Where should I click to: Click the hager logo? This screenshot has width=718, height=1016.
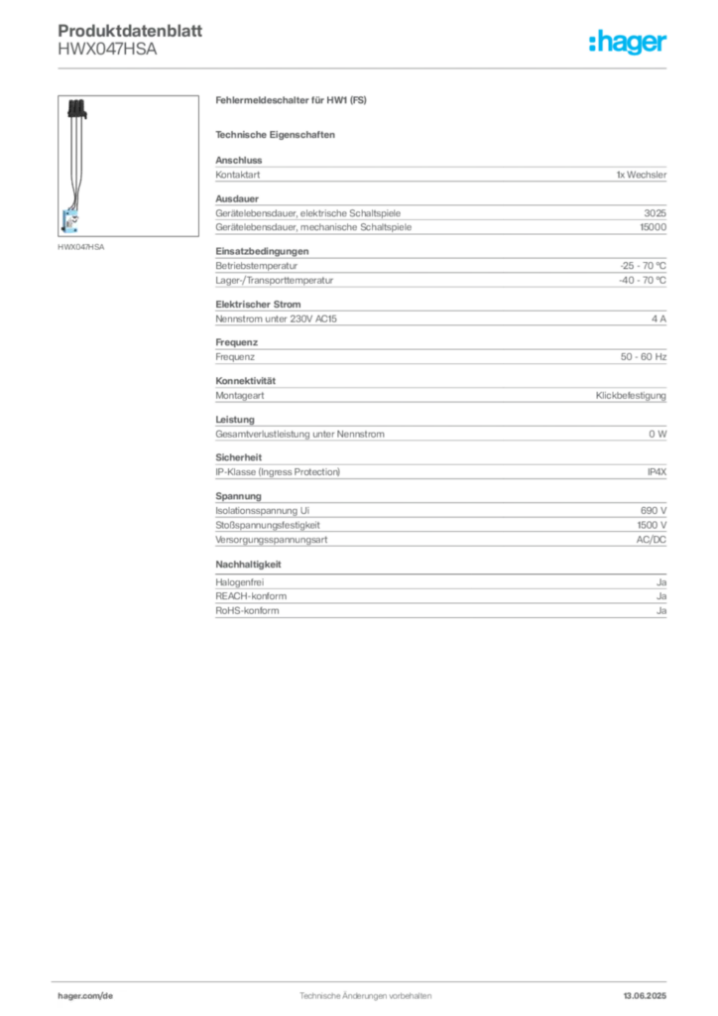(x=628, y=42)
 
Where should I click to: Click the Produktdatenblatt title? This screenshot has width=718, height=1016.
(x=130, y=31)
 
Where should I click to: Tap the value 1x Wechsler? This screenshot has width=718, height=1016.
(x=641, y=175)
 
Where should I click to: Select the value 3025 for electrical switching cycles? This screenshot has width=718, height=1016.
(x=656, y=213)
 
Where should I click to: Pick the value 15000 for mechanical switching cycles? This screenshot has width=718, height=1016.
(x=653, y=227)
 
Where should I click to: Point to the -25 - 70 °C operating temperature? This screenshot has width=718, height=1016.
(x=643, y=266)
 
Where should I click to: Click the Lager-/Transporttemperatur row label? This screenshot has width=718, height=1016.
(x=275, y=281)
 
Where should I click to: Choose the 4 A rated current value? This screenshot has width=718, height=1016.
(x=658, y=318)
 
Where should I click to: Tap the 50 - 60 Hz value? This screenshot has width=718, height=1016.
(x=643, y=357)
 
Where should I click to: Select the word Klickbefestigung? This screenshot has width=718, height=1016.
(x=631, y=395)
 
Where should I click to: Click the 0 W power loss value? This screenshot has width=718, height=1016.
(x=658, y=435)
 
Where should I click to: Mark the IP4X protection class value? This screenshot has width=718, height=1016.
(x=657, y=472)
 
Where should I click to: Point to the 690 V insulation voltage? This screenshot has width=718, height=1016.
(x=654, y=511)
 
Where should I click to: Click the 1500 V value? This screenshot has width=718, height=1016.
(x=652, y=526)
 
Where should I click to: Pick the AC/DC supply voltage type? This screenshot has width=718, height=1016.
(x=651, y=540)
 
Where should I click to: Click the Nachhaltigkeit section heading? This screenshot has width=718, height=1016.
(x=249, y=565)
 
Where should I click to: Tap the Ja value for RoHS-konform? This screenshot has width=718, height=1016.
(x=661, y=611)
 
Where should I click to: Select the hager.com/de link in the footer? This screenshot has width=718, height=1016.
(x=85, y=996)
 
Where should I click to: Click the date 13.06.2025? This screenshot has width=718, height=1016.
(x=645, y=996)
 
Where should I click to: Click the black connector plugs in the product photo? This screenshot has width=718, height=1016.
(x=77, y=109)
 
